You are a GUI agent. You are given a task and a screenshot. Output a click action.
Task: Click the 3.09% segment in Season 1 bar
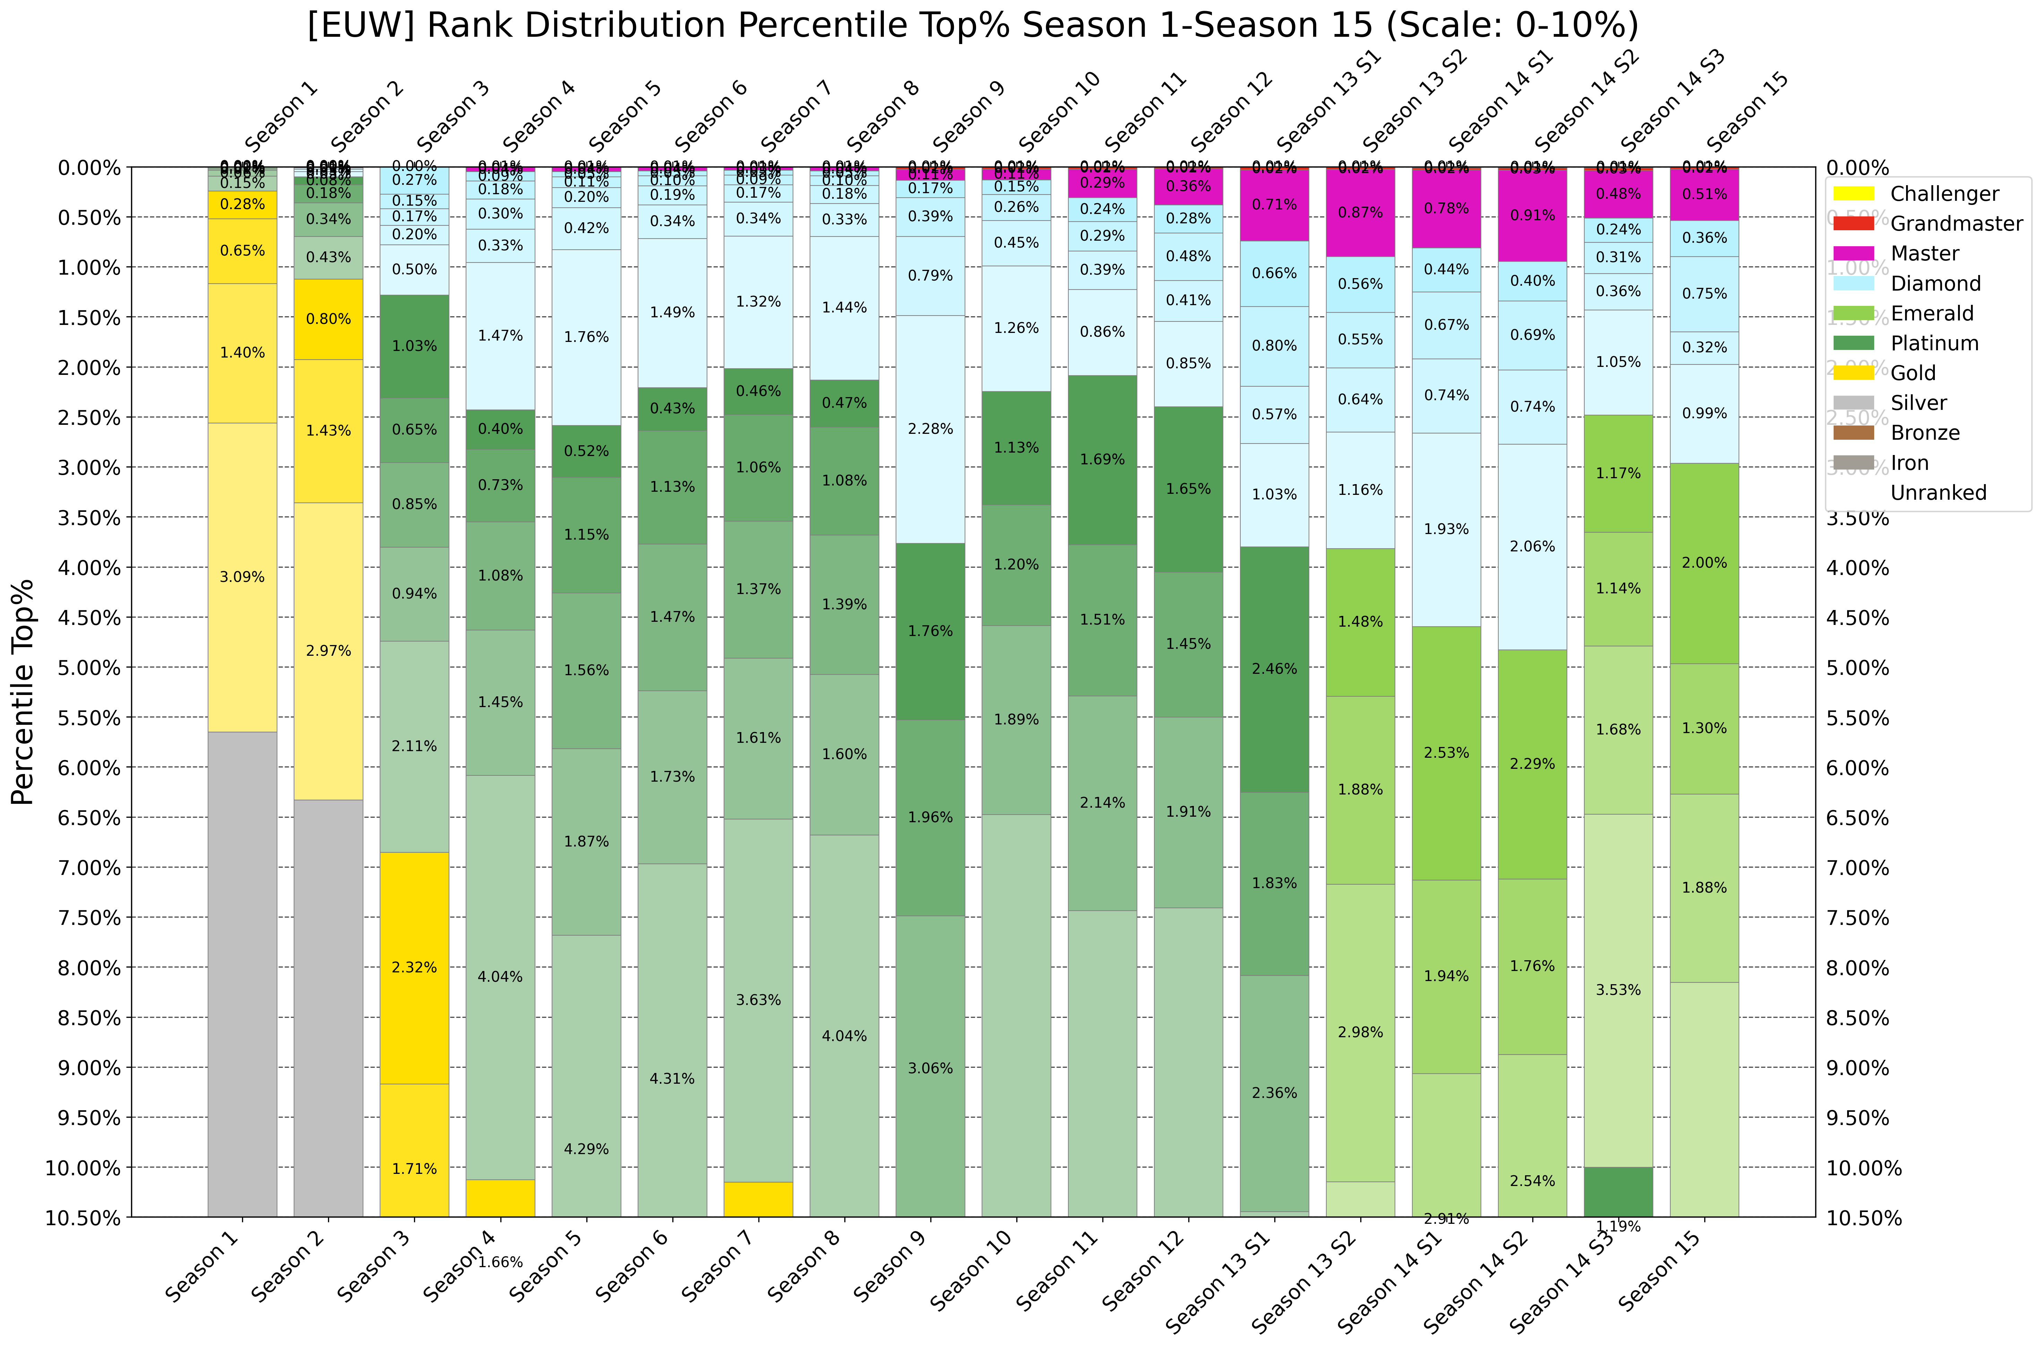pos(243,577)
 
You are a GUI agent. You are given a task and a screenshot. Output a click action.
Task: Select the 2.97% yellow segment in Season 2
pos(329,651)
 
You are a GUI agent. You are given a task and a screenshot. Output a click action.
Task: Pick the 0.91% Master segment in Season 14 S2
pos(1533,215)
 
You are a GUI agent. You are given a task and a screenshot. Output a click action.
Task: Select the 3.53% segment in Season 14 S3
pos(1619,990)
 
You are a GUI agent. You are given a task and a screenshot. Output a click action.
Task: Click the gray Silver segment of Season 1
pos(243,972)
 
